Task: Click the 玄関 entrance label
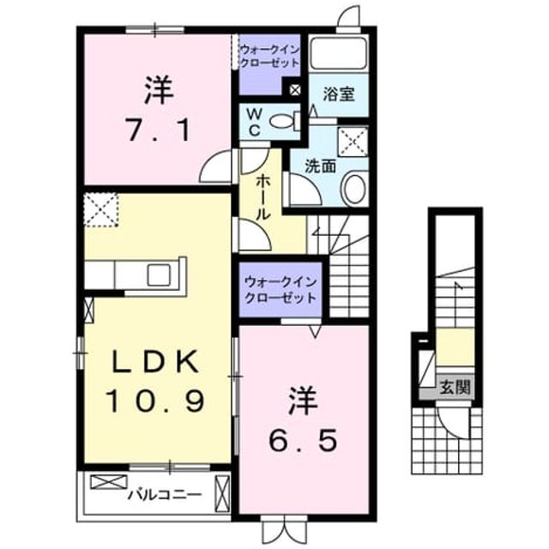coord(455,388)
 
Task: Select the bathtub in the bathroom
coord(339,53)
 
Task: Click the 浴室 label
coord(339,94)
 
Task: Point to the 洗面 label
coord(320,166)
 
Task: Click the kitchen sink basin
coord(159,274)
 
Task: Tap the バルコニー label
coord(165,495)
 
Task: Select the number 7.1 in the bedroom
coord(158,130)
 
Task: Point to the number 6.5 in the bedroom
coord(303,440)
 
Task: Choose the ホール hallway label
coord(263,198)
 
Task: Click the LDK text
coord(154,361)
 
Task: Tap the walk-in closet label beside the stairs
coord(281,290)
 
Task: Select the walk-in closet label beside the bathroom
coord(269,57)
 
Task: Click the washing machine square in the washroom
coord(353,142)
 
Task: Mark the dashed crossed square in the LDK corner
coord(101,210)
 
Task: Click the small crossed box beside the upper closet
coord(295,90)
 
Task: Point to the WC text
coord(255,122)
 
